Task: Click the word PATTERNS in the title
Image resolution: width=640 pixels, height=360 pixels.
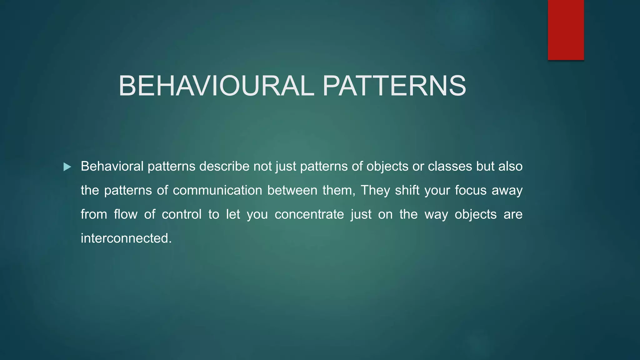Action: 394,86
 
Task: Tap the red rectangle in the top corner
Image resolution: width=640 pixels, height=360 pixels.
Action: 566,30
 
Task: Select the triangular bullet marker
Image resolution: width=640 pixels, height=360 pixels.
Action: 67,167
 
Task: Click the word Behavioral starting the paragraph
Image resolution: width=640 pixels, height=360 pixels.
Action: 112,166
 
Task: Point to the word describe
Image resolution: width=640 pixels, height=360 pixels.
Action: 224,166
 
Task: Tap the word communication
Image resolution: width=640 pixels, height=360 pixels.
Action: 217,190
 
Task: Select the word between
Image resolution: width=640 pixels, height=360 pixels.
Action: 292,190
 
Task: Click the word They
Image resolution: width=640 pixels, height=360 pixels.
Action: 375,190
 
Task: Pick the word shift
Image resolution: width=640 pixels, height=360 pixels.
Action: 407,190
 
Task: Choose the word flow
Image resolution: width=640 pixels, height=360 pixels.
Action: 125,214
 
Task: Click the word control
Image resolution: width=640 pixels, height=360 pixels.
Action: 182,214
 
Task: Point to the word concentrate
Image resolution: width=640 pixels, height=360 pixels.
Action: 309,214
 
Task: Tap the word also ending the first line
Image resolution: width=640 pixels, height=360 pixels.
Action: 510,166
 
